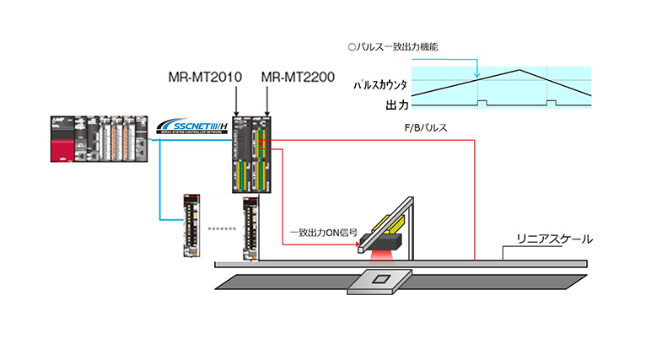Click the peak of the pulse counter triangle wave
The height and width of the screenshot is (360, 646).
[x=521, y=69]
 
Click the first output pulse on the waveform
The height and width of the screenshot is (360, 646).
[x=482, y=102]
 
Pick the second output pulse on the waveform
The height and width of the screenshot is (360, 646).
[x=551, y=102]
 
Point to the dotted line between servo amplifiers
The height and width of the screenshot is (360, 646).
[x=222, y=228]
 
